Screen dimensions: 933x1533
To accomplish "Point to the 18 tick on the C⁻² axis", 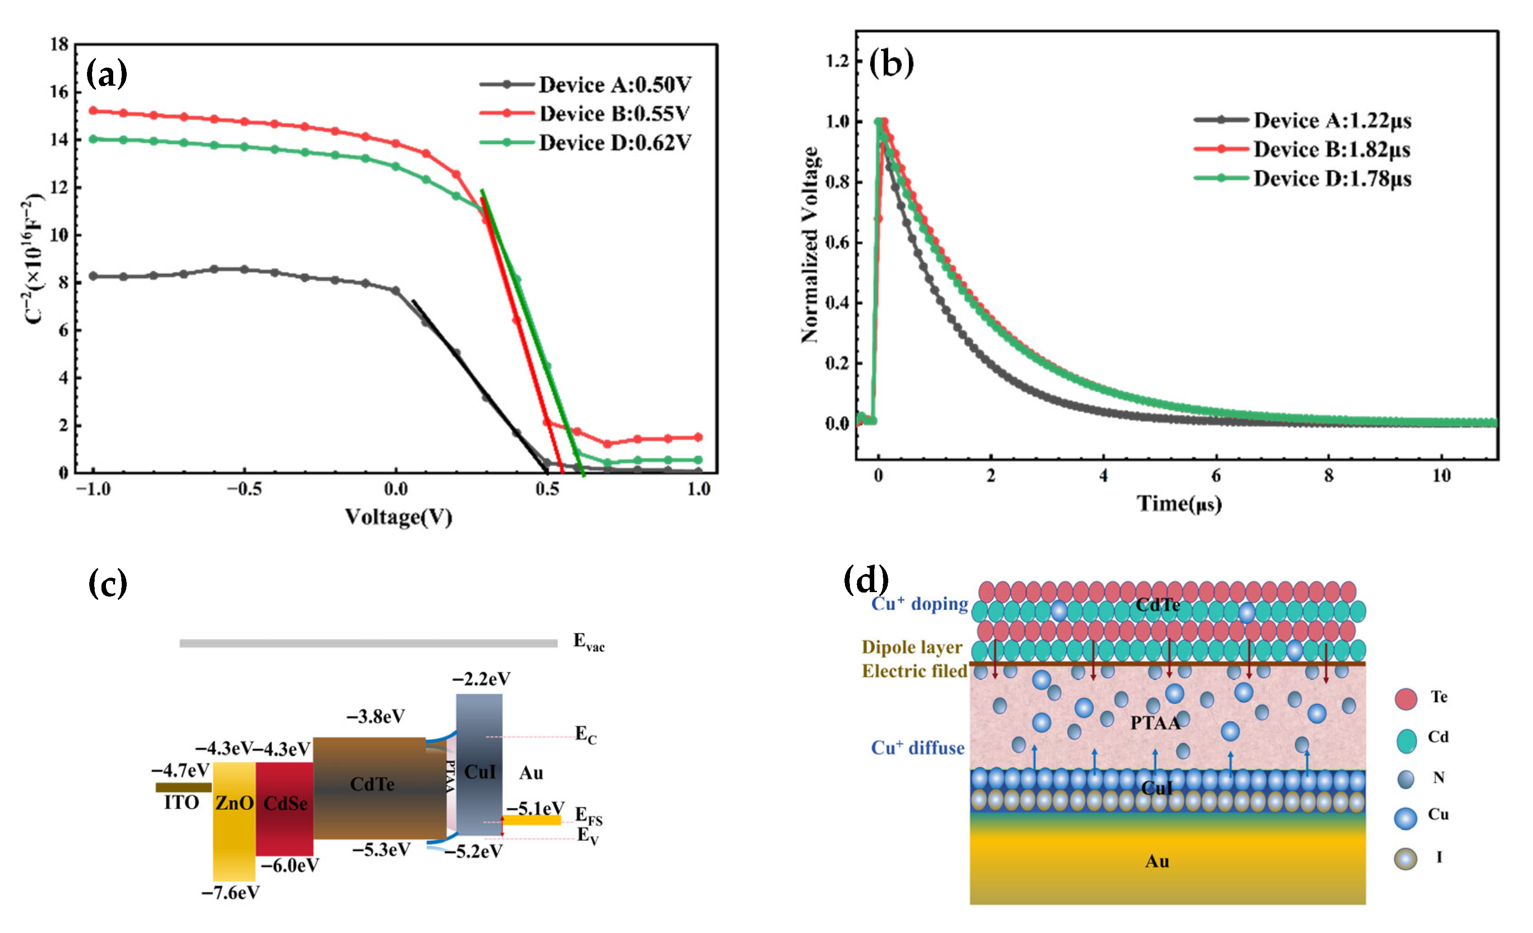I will click(x=60, y=45).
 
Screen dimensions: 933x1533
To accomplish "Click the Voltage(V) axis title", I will click(x=398, y=517).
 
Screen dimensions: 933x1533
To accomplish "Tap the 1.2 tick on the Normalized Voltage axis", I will click(x=836, y=61).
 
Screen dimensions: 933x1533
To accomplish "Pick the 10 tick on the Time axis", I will click(x=1441, y=476).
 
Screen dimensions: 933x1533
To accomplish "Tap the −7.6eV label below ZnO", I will click(x=230, y=893).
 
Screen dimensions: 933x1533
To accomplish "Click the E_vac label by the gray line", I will click(x=588, y=642).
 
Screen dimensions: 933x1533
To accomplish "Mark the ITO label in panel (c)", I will click(x=181, y=803).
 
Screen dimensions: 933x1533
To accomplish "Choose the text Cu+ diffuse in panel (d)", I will click(x=917, y=748).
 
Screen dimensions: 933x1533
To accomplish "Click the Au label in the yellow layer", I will click(x=1157, y=861).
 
